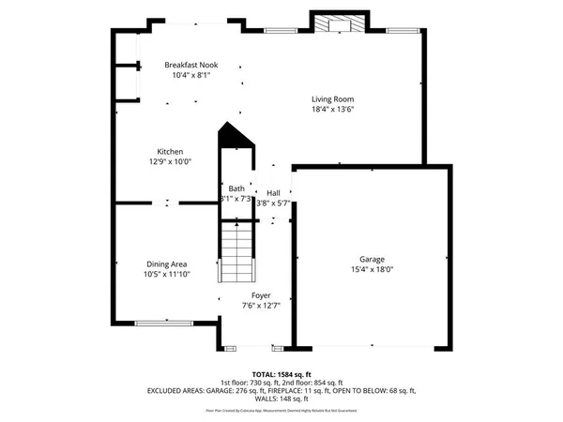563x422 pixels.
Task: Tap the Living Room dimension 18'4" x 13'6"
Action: click(x=332, y=109)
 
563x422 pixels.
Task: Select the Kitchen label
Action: click(x=170, y=151)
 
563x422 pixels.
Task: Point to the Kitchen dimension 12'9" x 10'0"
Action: click(x=170, y=161)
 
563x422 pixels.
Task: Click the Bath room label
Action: click(x=236, y=188)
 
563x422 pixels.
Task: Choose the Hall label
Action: click(x=273, y=192)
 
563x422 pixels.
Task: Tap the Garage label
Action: click(x=372, y=259)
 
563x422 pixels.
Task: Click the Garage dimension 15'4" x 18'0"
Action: click(x=372, y=269)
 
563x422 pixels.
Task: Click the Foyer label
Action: click(x=261, y=294)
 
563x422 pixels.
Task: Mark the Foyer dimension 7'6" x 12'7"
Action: click(x=261, y=305)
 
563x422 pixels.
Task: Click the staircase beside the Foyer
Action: click(x=237, y=256)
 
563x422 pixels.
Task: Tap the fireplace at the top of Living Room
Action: click(x=332, y=23)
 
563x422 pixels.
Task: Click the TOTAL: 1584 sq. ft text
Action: click(x=281, y=373)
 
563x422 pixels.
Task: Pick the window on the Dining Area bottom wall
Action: click(x=161, y=324)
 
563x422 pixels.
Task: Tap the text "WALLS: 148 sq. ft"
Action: click(x=281, y=399)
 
